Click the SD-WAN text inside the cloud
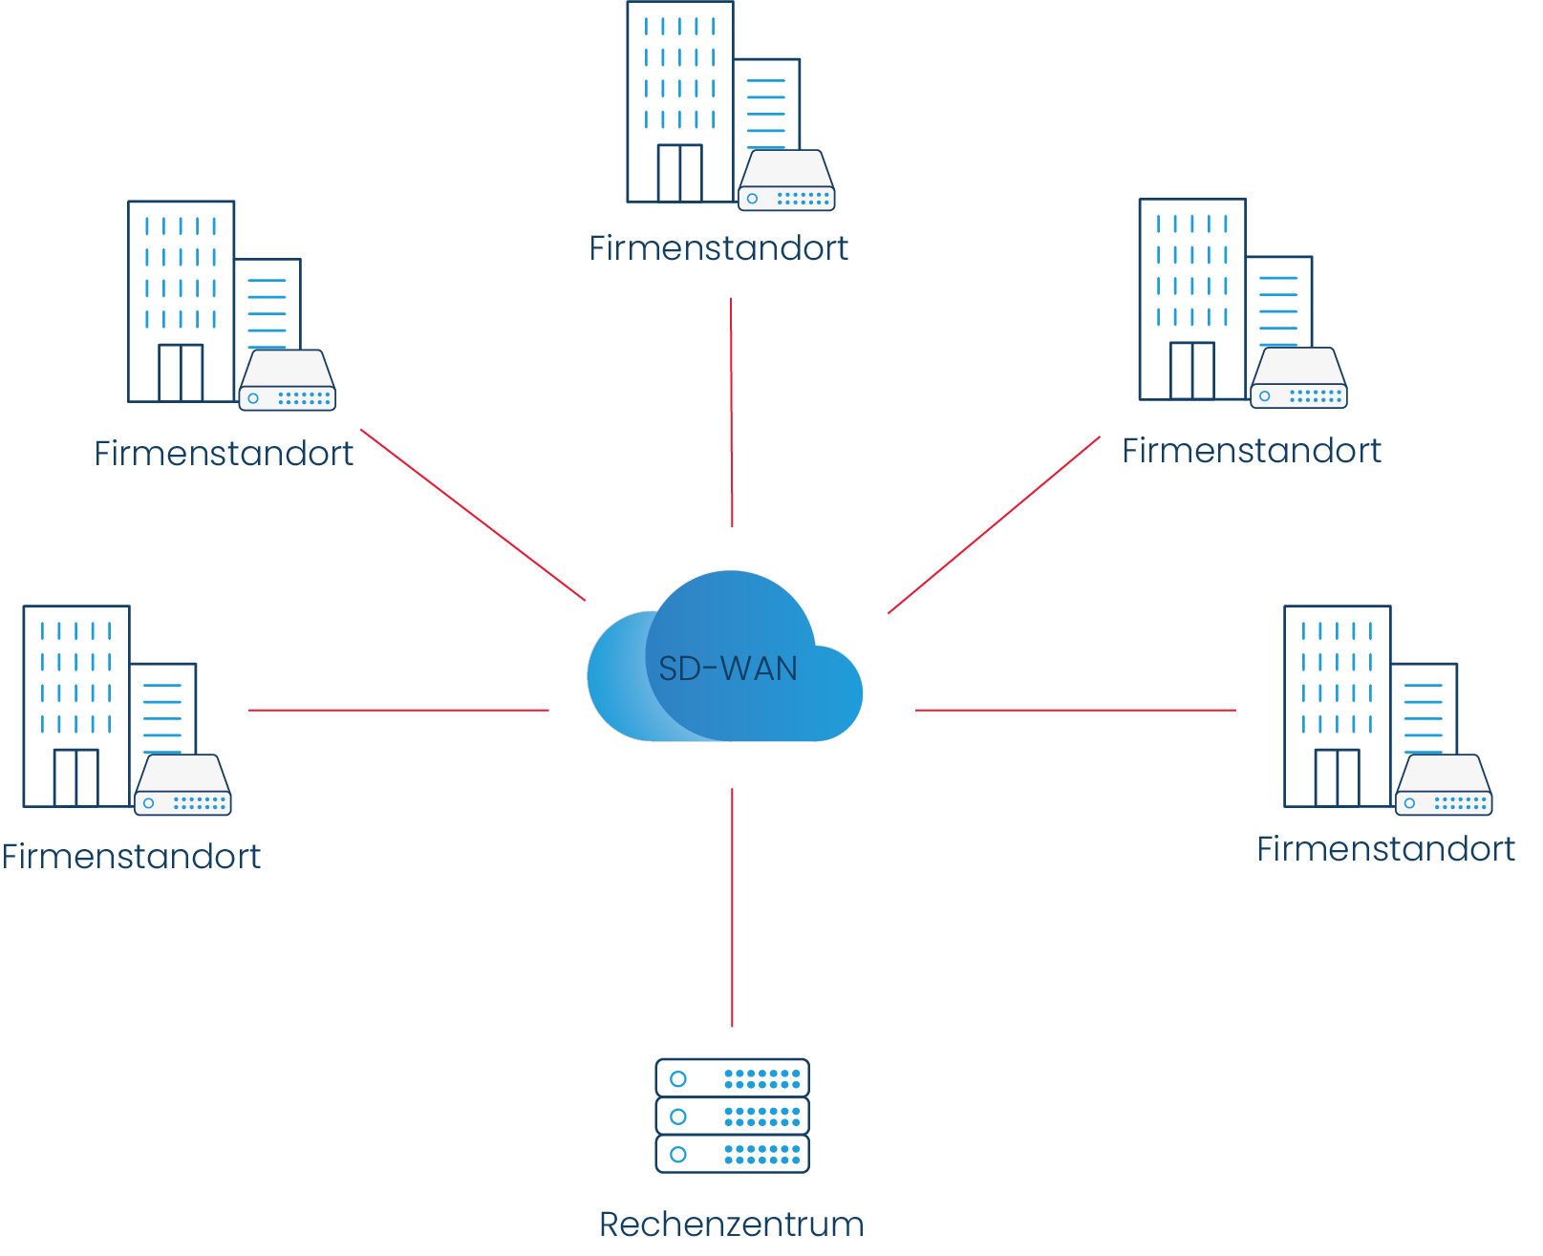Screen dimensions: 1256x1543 (728, 669)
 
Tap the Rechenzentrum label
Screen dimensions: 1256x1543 (731, 1224)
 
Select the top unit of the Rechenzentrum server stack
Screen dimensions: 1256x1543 (732, 1078)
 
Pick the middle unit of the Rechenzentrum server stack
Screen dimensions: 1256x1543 (732, 1116)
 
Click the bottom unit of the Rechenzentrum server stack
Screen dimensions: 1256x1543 (732, 1154)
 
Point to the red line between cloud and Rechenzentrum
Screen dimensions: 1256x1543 (732, 907)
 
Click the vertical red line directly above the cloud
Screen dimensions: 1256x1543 (732, 411)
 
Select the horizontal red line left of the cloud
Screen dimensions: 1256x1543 (398, 710)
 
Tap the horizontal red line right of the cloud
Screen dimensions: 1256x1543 (1075, 710)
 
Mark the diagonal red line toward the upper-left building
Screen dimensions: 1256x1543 (473, 515)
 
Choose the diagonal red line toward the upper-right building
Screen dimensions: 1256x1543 (994, 524)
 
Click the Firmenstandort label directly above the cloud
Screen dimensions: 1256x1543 (718, 248)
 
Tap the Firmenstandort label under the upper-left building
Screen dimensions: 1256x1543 (224, 454)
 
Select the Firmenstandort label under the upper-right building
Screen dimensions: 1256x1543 (1252, 451)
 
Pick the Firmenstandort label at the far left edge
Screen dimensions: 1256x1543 (131, 857)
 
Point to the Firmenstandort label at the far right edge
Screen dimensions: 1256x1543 (1385, 849)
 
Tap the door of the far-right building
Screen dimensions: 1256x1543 (1337, 777)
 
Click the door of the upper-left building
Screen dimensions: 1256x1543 (181, 373)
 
